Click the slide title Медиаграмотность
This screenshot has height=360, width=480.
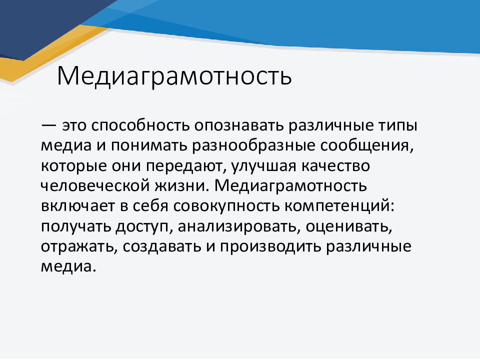pyautogui.click(x=174, y=75)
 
